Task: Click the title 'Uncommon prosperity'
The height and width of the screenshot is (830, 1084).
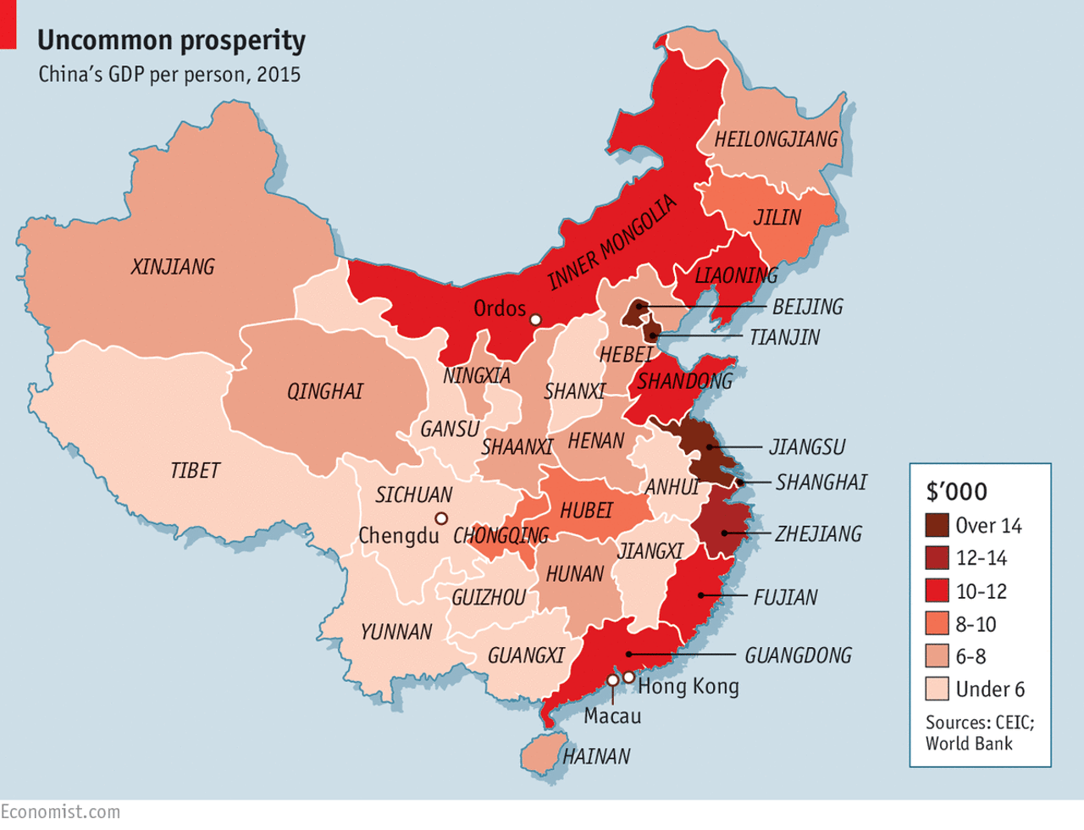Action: pyautogui.click(x=171, y=40)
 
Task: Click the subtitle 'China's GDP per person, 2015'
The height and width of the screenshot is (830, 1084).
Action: pyautogui.click(x=169, y=75)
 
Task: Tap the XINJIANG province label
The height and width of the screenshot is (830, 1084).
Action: pyautogui.click(x=173, y=267)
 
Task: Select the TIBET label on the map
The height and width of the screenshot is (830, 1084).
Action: pyautogui.click(x=195, y=470)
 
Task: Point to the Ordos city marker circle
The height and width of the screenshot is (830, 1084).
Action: pyautogui.click(x=535, y=319)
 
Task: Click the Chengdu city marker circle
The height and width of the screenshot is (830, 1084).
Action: pyautogui.click(x=440, y=518)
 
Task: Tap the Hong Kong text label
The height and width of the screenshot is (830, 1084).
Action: pyautogui.click(x=688, y=686)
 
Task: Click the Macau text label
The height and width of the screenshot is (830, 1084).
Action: pyautogui.click(x=612, y=717)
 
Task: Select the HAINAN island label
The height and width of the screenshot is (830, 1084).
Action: pyautogui.click(x=596, y=756)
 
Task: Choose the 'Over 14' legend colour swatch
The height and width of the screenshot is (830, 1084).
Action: pyautogui.click(x=937, y=525)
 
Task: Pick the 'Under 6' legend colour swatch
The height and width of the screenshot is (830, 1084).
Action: pyautogui.click(x=937, y=689)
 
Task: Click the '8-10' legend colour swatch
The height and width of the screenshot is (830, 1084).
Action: pyautogui.click(x=937, y=623)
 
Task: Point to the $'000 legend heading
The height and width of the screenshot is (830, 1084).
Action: pyautogui.click(x=956, y=491)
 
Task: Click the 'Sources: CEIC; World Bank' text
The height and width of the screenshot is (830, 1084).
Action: pyautogui.click(x=979, y=733)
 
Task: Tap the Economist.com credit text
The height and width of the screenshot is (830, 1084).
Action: pyautogui.click(x=60, y=811)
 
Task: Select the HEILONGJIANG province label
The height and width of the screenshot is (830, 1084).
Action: pyautogui.click(x=776, y=140)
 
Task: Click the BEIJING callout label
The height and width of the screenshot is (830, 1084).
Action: pyautogui.click(x=807, y=307)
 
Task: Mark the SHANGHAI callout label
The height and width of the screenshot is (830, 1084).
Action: pyautogui.click(x=821, y=482)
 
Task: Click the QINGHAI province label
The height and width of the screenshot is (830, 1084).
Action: pyautogui.click(x=325, y=391)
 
